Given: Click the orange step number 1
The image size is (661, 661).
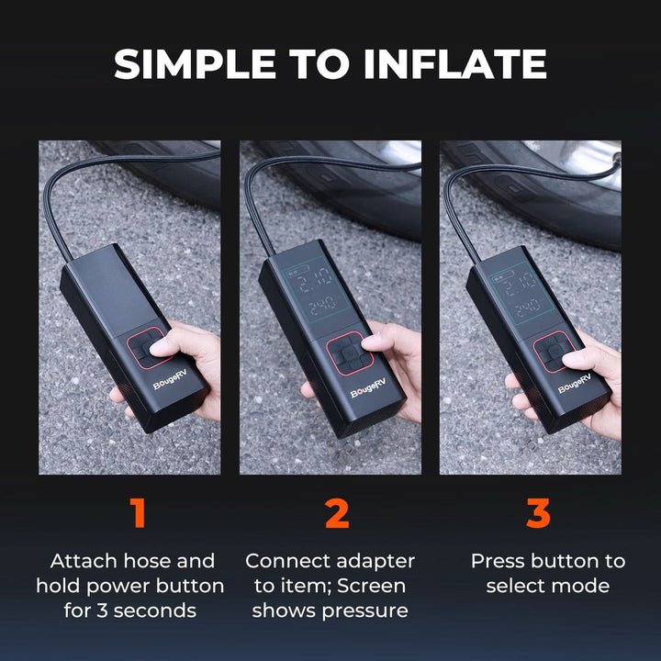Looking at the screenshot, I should [138, 514].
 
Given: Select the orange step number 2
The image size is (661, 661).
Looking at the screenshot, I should [337, 514].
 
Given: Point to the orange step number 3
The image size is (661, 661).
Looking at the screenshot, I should [538, 514].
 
